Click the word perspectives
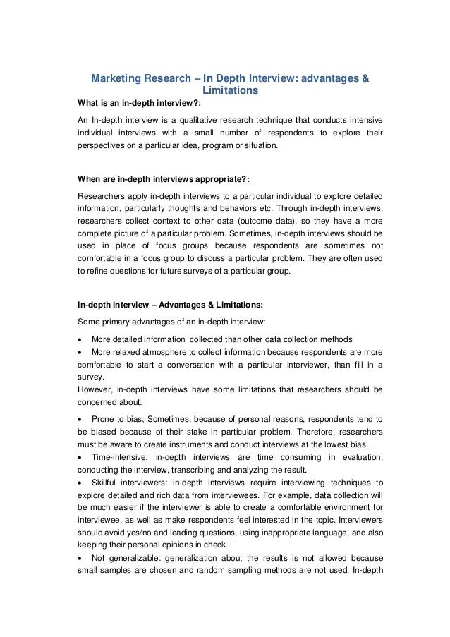tap(103, 148)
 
